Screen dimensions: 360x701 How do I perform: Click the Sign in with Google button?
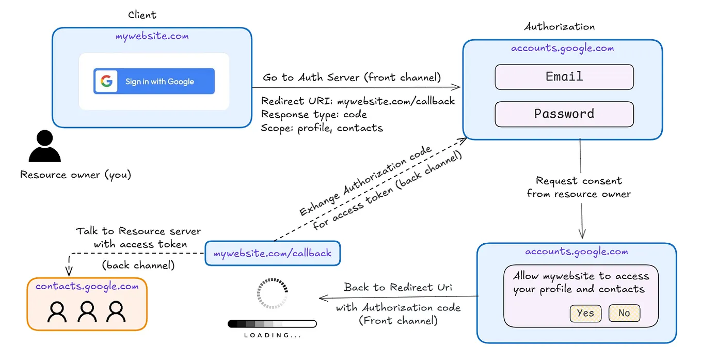(x=154, y=81)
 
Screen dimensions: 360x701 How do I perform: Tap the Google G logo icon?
(x=106, y=81)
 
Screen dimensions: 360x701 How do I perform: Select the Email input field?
(x=564, y=77)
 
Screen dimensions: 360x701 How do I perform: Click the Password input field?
(x=564, y=114)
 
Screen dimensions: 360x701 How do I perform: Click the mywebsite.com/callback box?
(x=273, y=254)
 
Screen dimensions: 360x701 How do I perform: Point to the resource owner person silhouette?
(x=44, y=147)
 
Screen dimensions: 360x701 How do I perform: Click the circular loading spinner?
(x=273, y=294)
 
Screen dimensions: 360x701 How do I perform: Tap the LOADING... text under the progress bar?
(x=273, y=335)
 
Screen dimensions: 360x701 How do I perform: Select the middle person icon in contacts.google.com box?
(x=87, y=312)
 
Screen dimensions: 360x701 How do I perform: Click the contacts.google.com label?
(x=87, y=286)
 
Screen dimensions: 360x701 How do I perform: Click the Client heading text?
(x=142, y=15)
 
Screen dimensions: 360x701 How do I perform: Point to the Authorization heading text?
(x=559, y=27)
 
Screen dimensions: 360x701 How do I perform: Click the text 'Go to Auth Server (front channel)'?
(x=352, y=77)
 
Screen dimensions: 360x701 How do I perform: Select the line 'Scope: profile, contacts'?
(x=322, y=128)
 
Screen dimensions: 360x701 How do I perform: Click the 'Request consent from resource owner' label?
(x=579, y=187)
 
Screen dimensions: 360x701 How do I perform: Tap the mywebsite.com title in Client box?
(x=152, y=36)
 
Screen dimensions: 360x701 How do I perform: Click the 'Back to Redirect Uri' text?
(x=399, y=287)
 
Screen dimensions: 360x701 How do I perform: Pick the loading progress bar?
(x=272, y=324)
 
